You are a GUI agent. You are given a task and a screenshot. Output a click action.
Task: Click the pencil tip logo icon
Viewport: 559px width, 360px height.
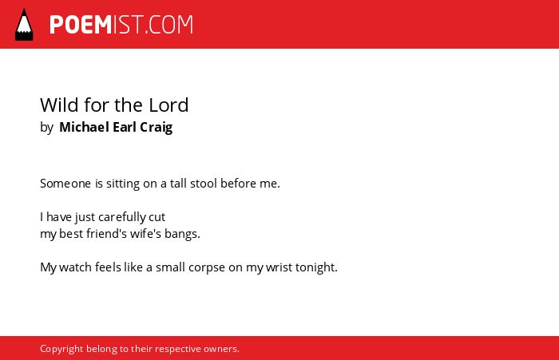click(x=24, y=25)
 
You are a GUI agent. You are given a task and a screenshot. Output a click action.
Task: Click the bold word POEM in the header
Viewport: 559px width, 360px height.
click(x=81, y=25)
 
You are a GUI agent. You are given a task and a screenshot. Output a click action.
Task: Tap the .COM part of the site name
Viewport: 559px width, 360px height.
click(x=168, y=25)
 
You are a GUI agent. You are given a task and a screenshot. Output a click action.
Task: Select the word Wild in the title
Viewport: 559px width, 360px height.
click(x=59, y=105)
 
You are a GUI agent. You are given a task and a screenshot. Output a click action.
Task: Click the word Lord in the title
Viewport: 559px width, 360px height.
click(x=168, y=105)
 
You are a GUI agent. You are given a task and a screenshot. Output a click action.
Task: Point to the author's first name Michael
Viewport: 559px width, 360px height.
click(x=84, y=127)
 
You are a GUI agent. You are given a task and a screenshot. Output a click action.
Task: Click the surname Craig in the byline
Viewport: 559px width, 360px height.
click(x=157, y=128)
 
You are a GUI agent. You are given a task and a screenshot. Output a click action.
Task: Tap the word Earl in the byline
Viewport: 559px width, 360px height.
click(x=125, y=127)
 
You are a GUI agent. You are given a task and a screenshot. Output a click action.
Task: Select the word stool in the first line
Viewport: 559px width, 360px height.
click(x=204, y=184)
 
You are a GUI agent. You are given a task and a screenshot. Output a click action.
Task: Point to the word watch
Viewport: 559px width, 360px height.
click(x=75, y=267)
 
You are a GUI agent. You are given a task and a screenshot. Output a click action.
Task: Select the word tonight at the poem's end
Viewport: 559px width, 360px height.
click(x=316, y=267)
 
